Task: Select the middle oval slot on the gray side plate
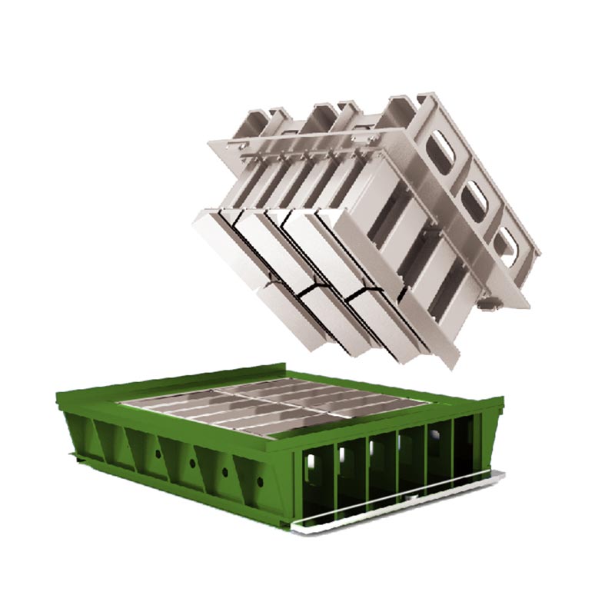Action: click(x=474, y=195)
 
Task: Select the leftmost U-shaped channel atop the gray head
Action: click(x=258, y=123)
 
